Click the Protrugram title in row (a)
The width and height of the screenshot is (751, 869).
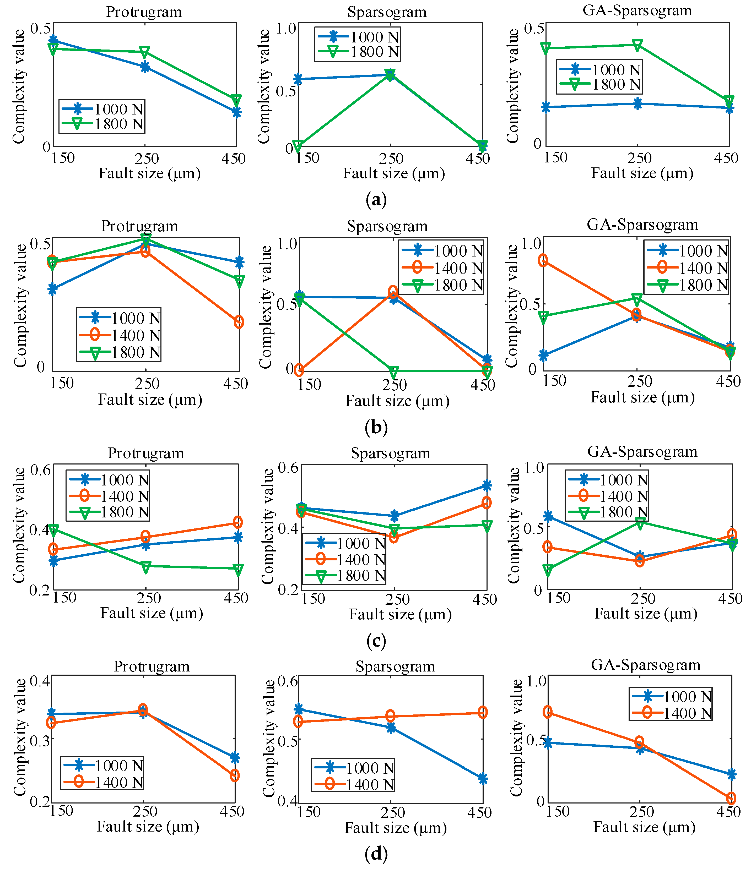144,12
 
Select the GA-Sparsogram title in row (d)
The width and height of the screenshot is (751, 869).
645,665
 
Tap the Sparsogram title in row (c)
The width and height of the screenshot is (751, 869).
391,453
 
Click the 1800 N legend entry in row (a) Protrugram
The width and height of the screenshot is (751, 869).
103,124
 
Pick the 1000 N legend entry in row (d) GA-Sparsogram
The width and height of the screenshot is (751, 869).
671,697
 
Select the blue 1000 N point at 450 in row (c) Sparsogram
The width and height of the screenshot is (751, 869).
487,486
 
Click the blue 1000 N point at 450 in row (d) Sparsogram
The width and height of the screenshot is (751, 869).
483,779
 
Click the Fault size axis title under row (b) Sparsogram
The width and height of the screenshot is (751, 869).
397,401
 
